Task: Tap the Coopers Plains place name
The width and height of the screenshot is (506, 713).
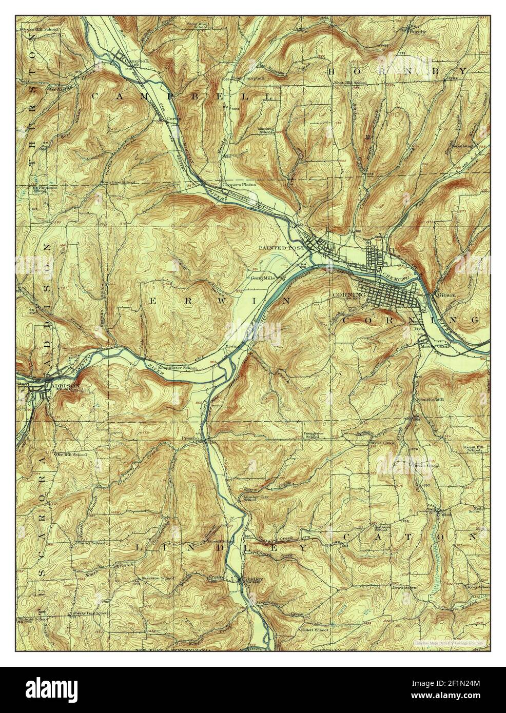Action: pos(235,185)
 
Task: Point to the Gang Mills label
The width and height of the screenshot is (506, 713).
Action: pos(263,278)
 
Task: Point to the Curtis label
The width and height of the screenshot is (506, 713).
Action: pos(173,118)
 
